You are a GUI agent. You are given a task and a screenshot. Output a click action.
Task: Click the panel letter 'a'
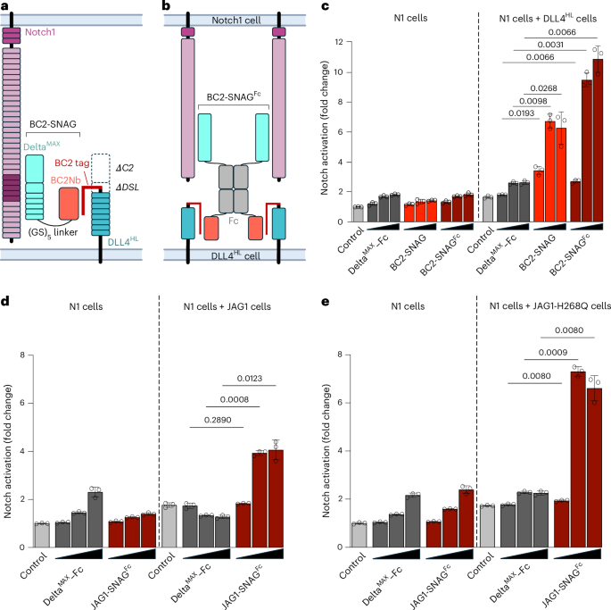[5, 7]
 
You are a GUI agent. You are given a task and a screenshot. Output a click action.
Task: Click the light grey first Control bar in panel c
[334, 214]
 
